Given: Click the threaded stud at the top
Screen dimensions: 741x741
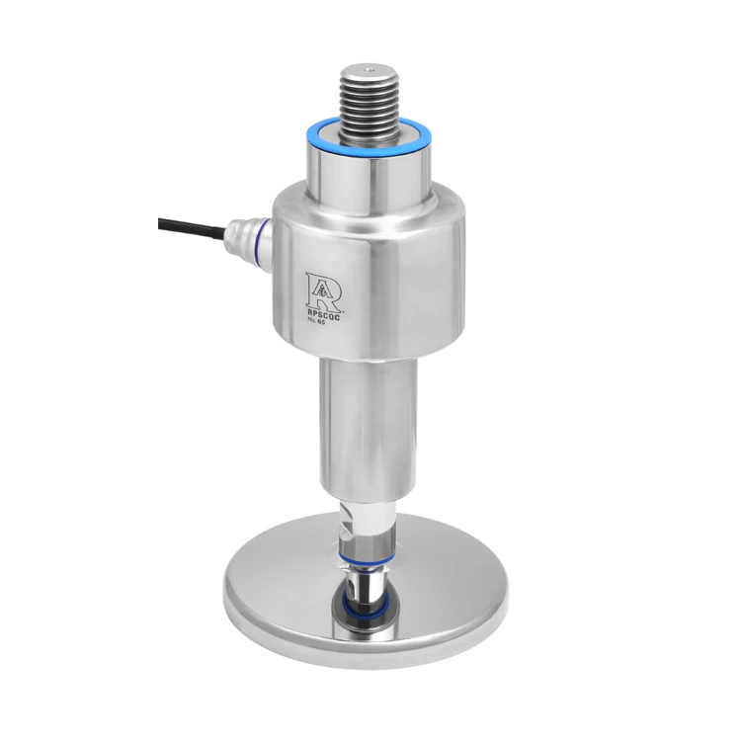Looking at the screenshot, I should pyautogui.click(x=367, y=94).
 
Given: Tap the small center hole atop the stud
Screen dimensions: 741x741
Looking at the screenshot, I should pyautogui.click(x=368, y=69).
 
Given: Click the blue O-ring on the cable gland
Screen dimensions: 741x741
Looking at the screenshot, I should pyautogui.click(x=260, y=245).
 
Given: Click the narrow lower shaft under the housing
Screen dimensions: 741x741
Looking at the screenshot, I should pyautogui.click(x=366, y=425).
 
